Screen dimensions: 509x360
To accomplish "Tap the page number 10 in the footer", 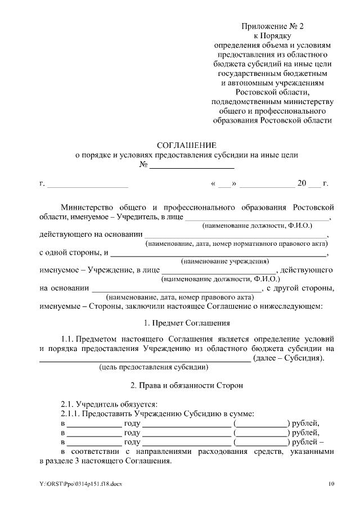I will tap(331, 484).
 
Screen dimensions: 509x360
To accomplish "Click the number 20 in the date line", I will tap(302, 183).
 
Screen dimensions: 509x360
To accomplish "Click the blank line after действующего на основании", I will tap(236, 236).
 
